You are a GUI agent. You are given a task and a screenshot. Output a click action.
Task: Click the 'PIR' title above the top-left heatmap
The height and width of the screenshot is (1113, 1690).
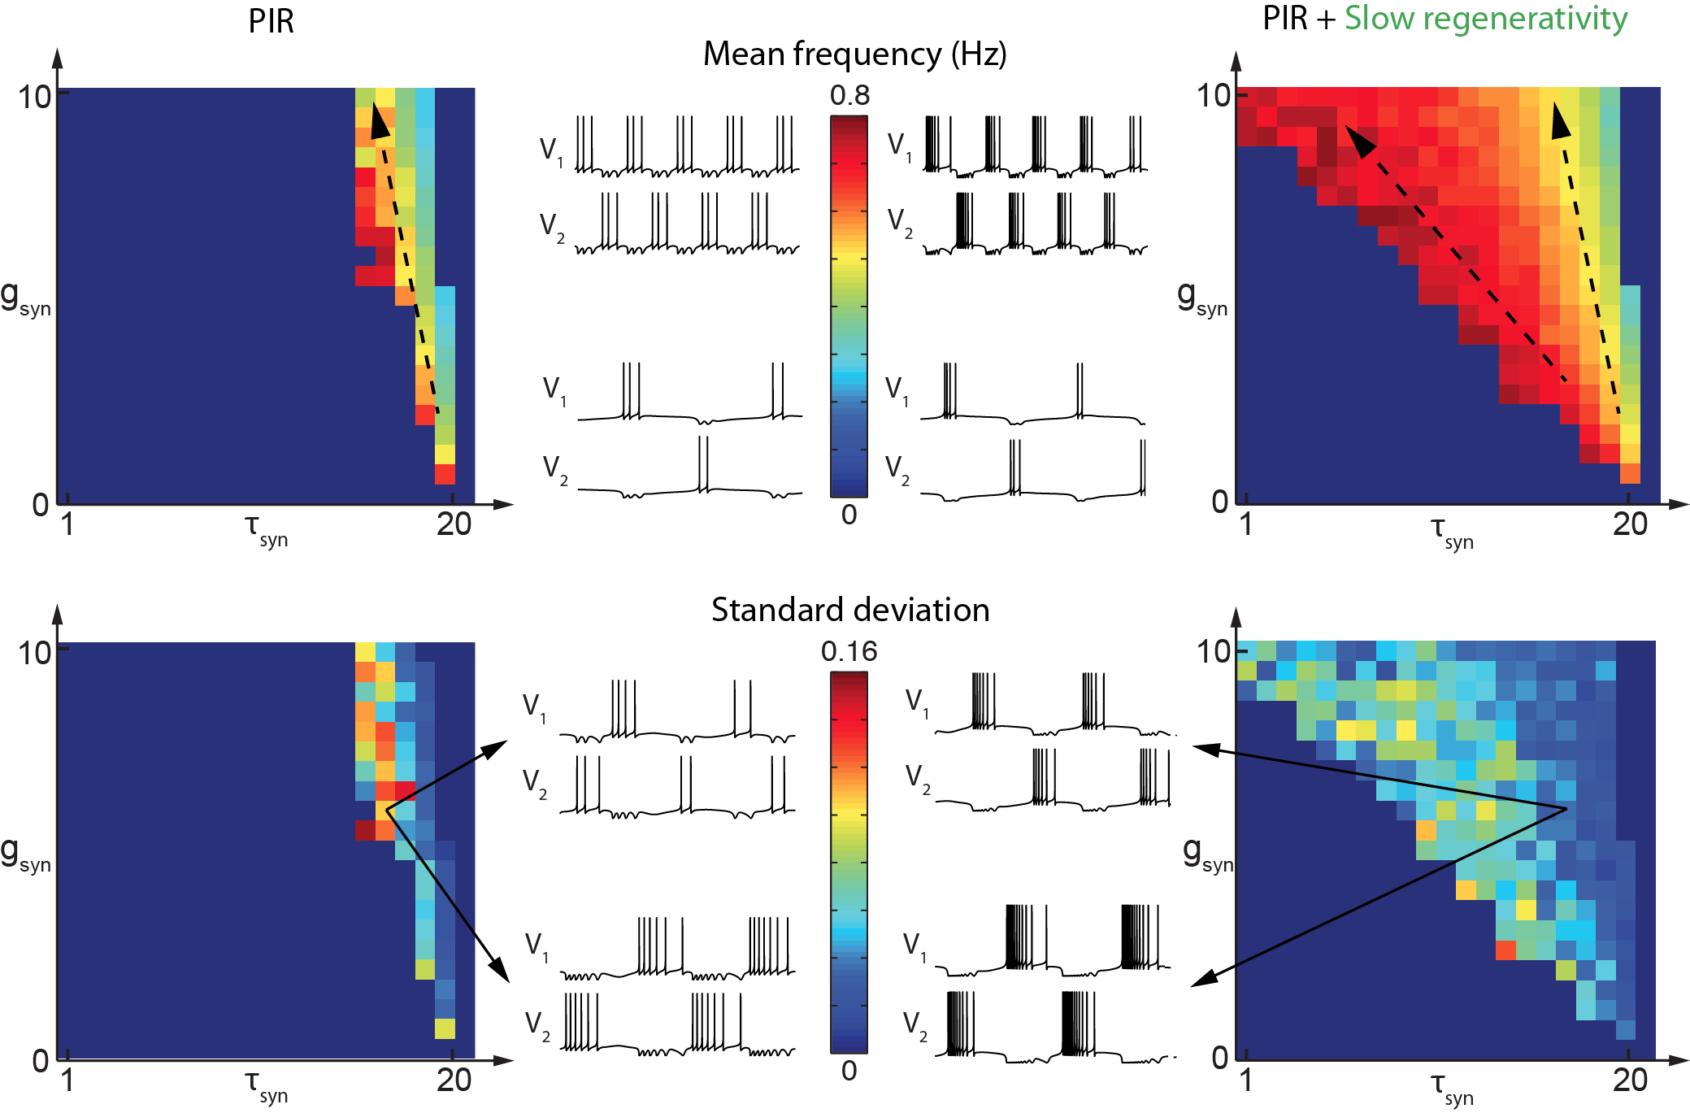pos(271,21)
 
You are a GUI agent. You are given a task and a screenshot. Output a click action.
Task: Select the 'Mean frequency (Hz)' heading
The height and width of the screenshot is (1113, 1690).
pos(854,54)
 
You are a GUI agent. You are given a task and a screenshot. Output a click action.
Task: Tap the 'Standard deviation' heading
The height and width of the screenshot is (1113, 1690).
pos(850,610)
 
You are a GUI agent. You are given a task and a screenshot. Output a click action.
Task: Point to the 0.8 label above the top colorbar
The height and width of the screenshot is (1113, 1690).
pos(849,96)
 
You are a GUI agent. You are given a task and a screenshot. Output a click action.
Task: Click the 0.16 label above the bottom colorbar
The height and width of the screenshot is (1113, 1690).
pos(849,651)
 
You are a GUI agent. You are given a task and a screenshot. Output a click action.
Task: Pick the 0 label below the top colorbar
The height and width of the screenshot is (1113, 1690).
pos(849,515)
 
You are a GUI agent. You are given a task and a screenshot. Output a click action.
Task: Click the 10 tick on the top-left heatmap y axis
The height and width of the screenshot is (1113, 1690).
pos(35,97)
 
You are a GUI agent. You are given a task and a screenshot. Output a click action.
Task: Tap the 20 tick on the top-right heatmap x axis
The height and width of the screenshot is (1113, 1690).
pos(1630,524)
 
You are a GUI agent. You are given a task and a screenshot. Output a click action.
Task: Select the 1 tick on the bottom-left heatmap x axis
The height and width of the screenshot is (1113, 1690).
pos(67,1080)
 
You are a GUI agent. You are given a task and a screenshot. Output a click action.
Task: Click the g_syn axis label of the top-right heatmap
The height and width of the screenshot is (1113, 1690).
pos(1201,298)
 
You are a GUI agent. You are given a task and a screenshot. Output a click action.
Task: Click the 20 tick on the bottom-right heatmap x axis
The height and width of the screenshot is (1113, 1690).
pos(1630,1080)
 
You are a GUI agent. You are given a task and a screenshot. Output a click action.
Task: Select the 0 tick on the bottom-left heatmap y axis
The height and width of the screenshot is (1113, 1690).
pos(41,1061)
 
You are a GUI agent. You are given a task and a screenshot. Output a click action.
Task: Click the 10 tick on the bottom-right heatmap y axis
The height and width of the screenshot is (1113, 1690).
pos(1213,651)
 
